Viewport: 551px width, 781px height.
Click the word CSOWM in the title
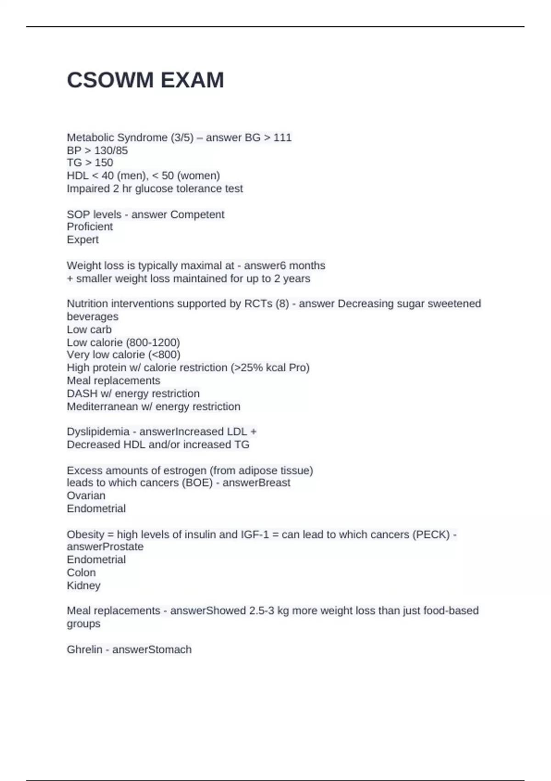pyautogui.click(x=110, y=80)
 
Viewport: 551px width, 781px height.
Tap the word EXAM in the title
pyautogui.click(x=192, y=80)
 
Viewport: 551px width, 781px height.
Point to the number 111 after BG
pyautogui.click(x=282, y=137)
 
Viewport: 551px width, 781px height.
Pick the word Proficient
pyautogui.click(x=90, y=226)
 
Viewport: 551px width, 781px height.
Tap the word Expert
pyautogui.click(x=83, y=239)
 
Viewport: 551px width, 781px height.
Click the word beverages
pyautogui.click(x=93, y=317)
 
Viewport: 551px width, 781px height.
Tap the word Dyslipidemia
pyautogui.click(x=98, y=431)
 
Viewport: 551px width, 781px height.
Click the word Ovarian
pyautogui.click(x=86, y=495)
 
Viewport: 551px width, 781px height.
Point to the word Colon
pyautogui.click(x=81, y=572)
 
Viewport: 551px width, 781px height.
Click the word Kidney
pyautogui.click(x=84, y=585)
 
